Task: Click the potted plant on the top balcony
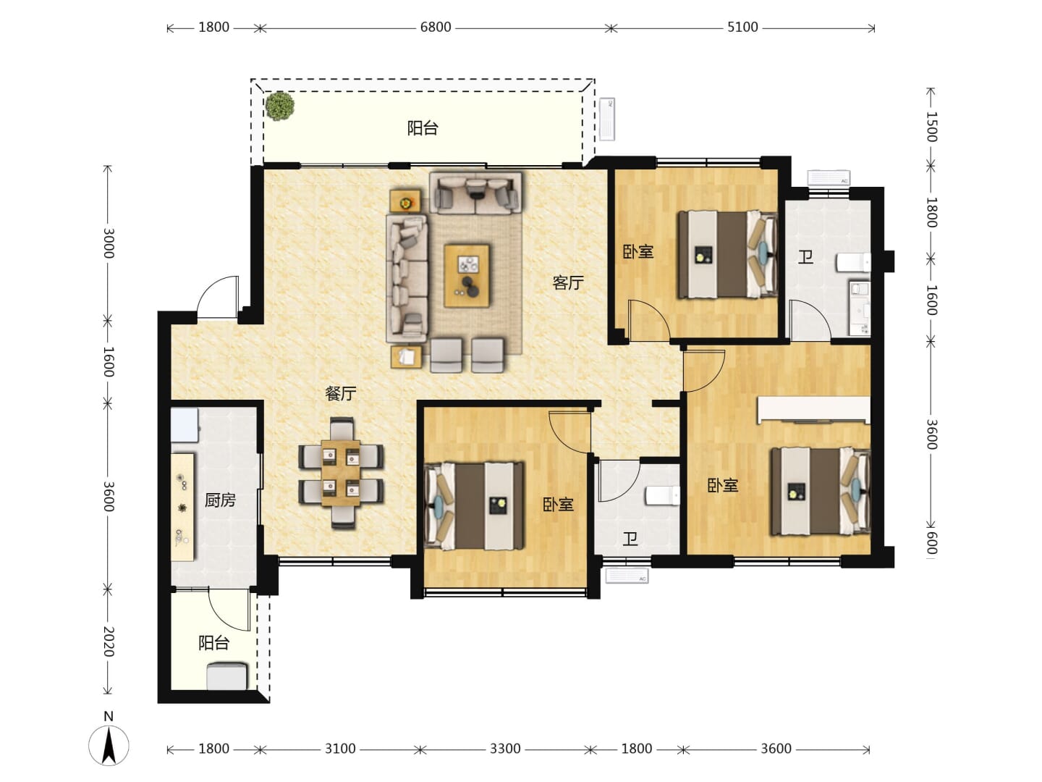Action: (279, 106)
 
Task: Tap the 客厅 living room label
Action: (568, 283)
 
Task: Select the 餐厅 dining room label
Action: (340, 393)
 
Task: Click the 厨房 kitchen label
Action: (220, 500)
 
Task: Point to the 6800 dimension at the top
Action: (436, 27)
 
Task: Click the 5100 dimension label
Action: (742, 27)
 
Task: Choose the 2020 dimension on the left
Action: (109, 642)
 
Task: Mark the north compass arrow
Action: (109, 746)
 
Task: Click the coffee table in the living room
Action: (467, 276)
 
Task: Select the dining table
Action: (340, 473)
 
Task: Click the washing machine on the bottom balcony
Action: (227, 676)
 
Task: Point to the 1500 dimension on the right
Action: (931, 127)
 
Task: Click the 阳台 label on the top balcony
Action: (423, 128)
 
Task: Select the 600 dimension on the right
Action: (931, 542)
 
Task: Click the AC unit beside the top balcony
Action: (607, 119)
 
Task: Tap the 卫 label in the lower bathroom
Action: (630, 539)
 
